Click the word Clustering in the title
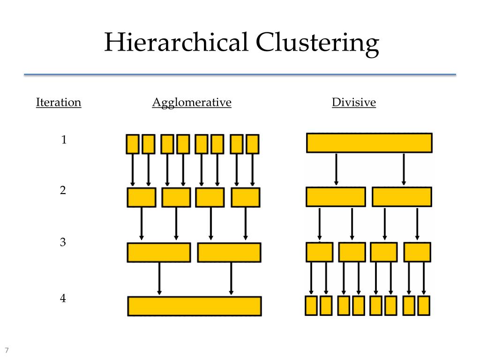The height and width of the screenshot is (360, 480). (x=317, y=43)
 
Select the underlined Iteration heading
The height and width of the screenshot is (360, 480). (x=59, y=102)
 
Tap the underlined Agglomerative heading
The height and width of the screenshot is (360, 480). (x=192, y=102)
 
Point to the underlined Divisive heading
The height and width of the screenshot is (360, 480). (x=354, y=102)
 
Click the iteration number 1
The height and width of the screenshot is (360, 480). (x=64, y=140)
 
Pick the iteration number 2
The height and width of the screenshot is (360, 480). (x=63, y=191)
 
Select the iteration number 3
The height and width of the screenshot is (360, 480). (x=63, y=243)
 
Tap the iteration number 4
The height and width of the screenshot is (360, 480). (x=63, y=298)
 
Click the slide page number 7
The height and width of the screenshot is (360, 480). (x=7, y=351)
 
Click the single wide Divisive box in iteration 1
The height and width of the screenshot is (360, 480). (x=369, y=143)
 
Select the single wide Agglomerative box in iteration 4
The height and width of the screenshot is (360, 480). (x=195, y=306)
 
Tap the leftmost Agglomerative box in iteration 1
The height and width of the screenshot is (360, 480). (x=133, y=144)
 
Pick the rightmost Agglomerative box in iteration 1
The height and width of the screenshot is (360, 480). (x=253, y=144)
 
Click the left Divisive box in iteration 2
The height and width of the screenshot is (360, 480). (x=336, y=197)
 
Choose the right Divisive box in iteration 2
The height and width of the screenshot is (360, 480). (x=402, y=197)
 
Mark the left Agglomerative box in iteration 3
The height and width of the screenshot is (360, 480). (x=159, y=252)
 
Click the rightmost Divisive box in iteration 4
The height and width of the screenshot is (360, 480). (x=424, y=306)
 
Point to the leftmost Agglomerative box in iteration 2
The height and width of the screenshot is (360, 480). (x=142, y=197)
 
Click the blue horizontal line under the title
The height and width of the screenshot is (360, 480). (x=240, y=75)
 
